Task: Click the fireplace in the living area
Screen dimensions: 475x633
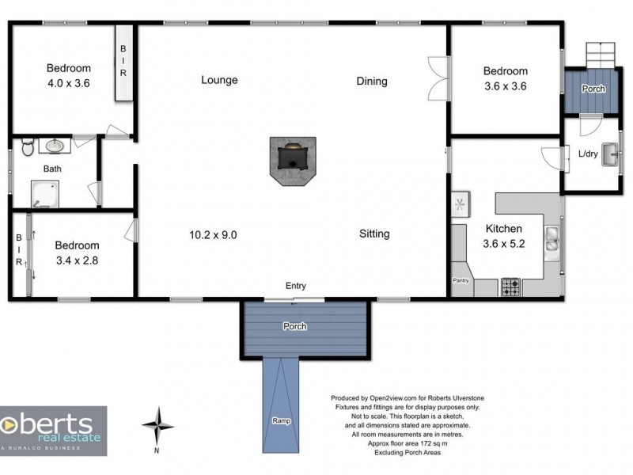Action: pos(293,158)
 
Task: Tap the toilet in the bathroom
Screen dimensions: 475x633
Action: pos(28,146)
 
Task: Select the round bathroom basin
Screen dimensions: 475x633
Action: pos(55,146)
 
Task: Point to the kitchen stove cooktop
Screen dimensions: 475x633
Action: pos(510,286)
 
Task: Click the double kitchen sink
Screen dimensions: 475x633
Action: pos(552,238)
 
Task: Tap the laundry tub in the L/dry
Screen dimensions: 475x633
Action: pos(608,154)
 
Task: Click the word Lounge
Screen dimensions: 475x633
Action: pos(219,80)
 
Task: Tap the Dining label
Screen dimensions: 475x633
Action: pos(372,81)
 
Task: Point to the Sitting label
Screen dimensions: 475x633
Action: pos(374,234)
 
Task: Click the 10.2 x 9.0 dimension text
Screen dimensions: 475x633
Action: pos(213,234)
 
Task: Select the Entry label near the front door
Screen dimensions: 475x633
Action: pos(296,286)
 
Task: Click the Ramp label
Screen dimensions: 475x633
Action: pos(282,420)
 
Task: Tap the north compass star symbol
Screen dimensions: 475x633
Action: pos(158,424)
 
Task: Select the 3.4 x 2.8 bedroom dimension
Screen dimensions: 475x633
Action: pos(78,260)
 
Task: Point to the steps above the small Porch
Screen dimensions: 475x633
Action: pos(599,55)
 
